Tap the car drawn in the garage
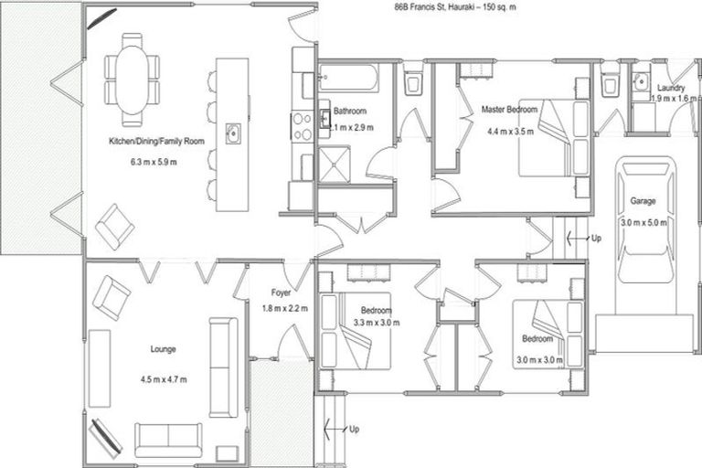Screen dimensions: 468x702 (645, 219)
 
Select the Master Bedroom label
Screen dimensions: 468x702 (510, 110)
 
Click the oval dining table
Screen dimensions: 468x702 (133, 80)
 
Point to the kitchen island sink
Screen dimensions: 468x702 (232, 134)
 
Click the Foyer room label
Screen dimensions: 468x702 (282, 293)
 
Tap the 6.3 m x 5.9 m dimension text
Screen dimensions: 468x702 (154, 163)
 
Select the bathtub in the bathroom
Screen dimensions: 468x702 (348, 77)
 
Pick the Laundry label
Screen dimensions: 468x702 (672, 88)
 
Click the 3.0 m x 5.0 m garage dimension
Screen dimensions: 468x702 (644, 222)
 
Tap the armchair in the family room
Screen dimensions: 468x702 (114, 226)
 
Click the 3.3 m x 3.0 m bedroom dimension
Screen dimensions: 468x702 (375, 322)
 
